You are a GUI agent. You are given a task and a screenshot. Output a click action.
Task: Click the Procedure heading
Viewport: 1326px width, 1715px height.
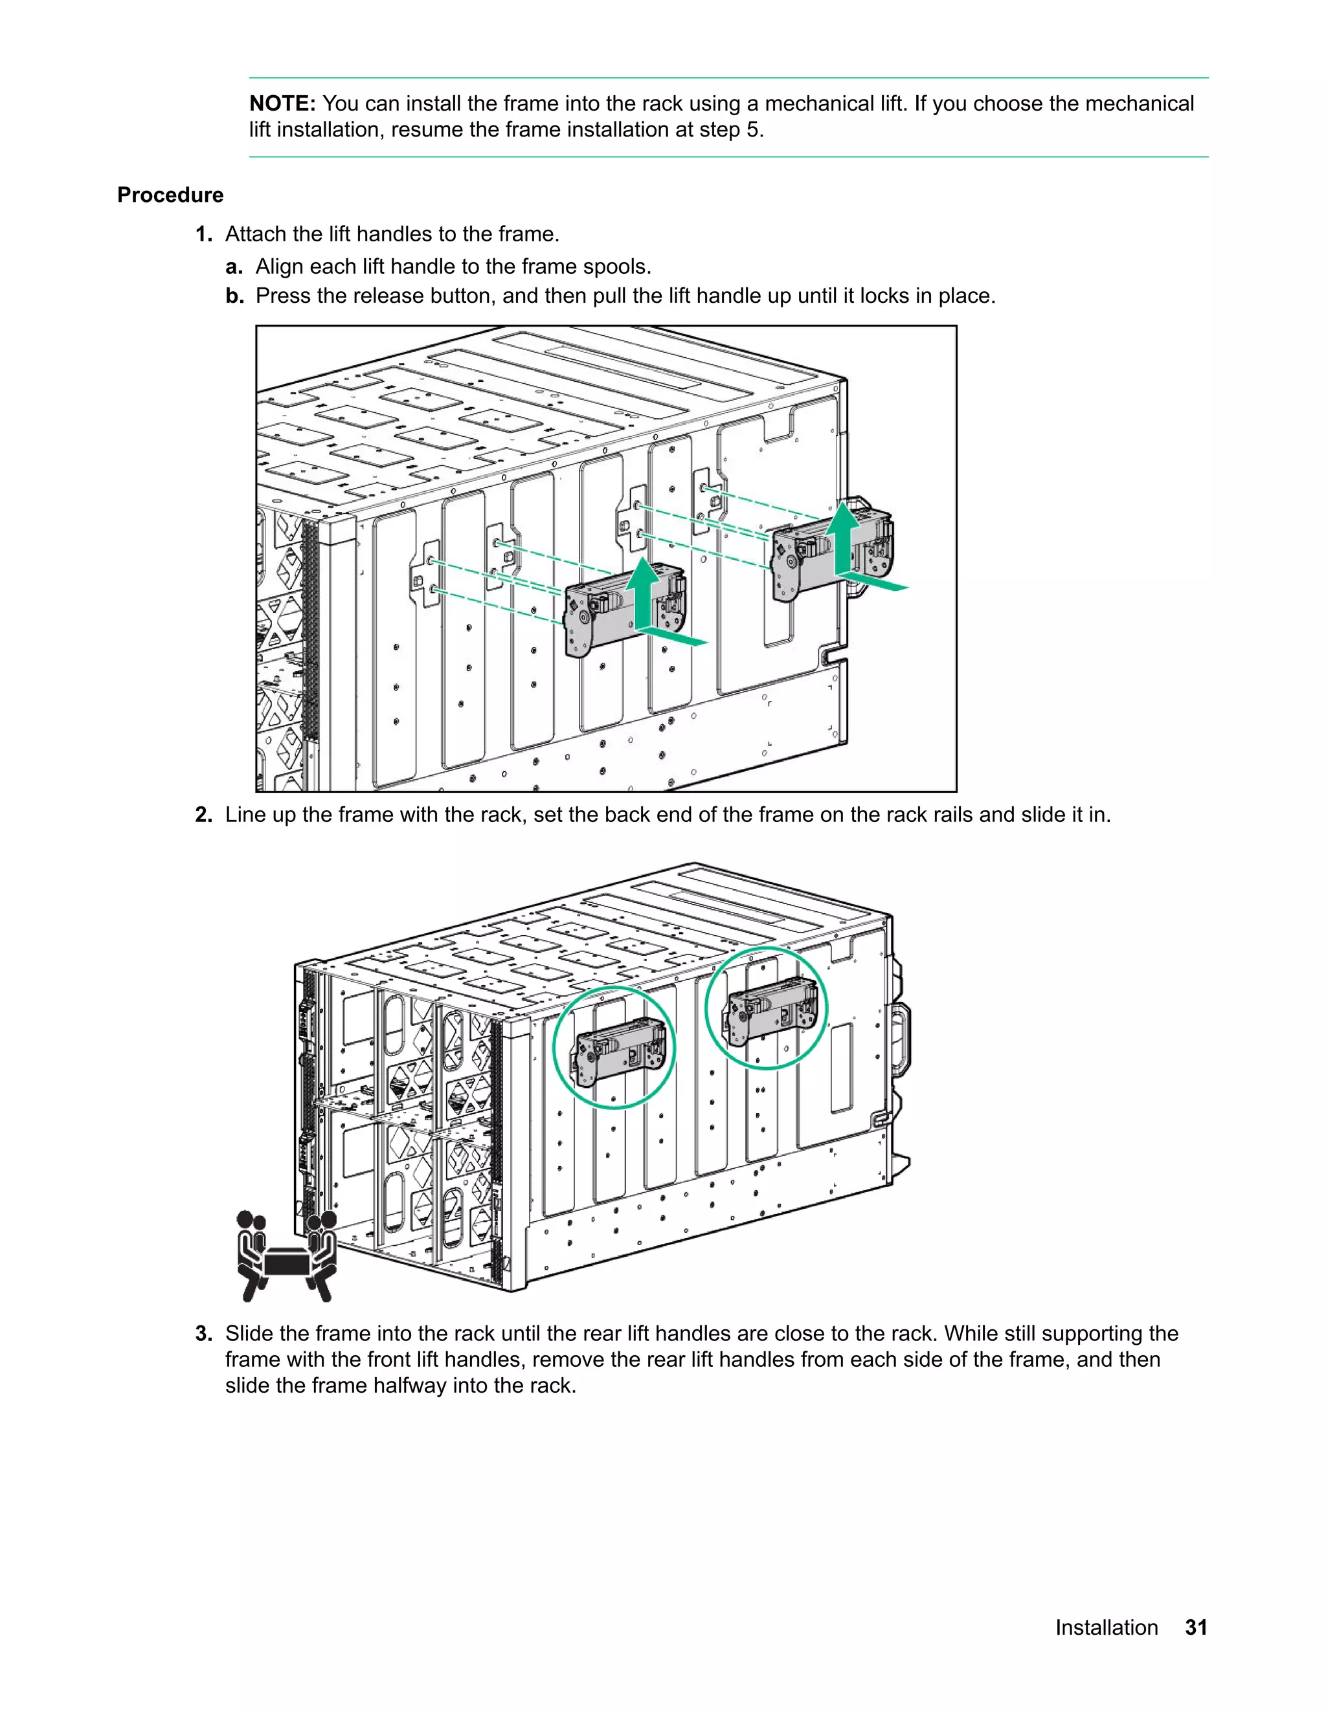pos(170,195)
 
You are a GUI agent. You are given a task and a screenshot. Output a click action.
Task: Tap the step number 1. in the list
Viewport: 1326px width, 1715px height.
pos(203,234)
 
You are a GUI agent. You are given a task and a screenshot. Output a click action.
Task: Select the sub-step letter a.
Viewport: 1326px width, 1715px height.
pos(234,267)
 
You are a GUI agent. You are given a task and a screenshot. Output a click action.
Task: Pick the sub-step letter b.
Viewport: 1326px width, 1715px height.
pos(235,296)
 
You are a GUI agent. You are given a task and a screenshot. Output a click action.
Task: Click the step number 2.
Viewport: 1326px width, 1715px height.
pos(203,815)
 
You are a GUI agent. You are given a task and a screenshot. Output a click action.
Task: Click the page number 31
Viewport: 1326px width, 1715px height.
pos(1196,1628)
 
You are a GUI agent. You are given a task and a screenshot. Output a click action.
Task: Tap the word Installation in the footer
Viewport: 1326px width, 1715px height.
pos(1106,1628)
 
